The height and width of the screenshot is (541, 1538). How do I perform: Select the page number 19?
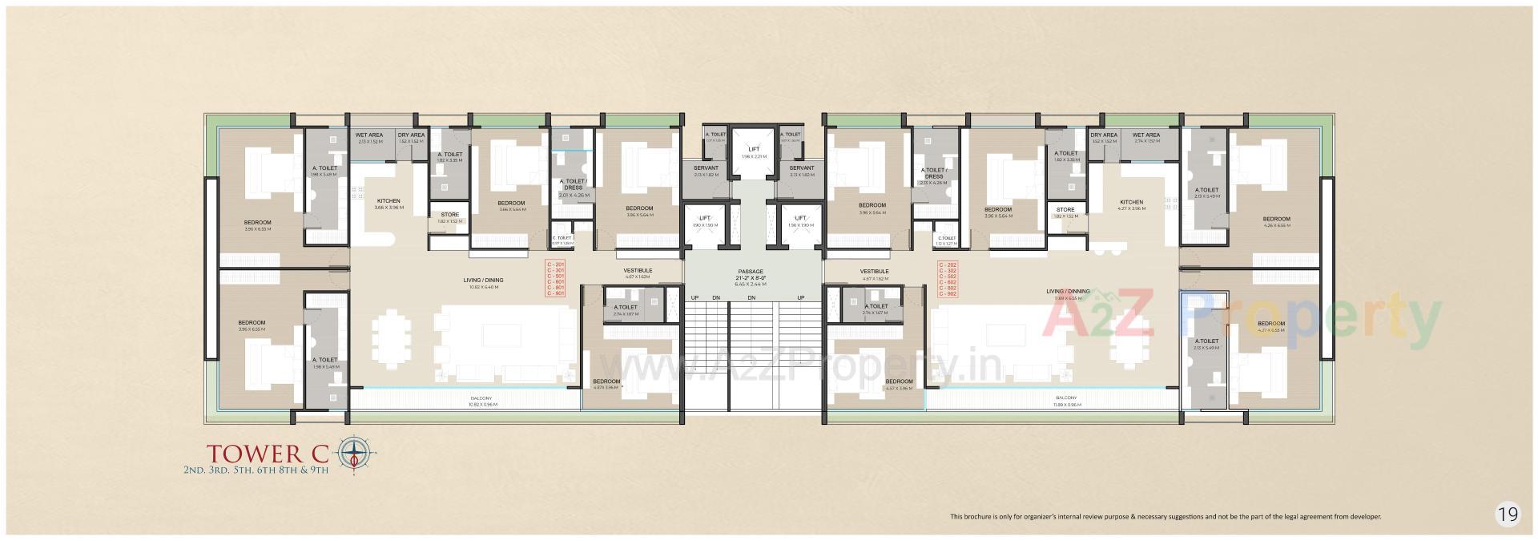point(1508,514)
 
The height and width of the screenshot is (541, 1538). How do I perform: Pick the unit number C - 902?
point(947,294)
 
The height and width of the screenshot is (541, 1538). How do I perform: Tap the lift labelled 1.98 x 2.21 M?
point(752,152)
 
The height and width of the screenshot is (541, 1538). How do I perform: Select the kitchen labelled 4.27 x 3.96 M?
point(1131,204)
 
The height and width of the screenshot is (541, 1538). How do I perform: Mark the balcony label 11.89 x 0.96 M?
point(1065,401)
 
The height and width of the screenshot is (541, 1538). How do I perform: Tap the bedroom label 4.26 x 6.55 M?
point(1276,221)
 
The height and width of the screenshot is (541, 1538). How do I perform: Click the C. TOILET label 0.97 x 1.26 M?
point(562,240)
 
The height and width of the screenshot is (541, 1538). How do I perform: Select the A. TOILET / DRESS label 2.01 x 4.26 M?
point(574,188)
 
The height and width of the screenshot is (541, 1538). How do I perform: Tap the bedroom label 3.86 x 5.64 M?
point(639,211)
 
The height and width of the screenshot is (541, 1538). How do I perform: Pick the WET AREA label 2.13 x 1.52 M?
point(369,137)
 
